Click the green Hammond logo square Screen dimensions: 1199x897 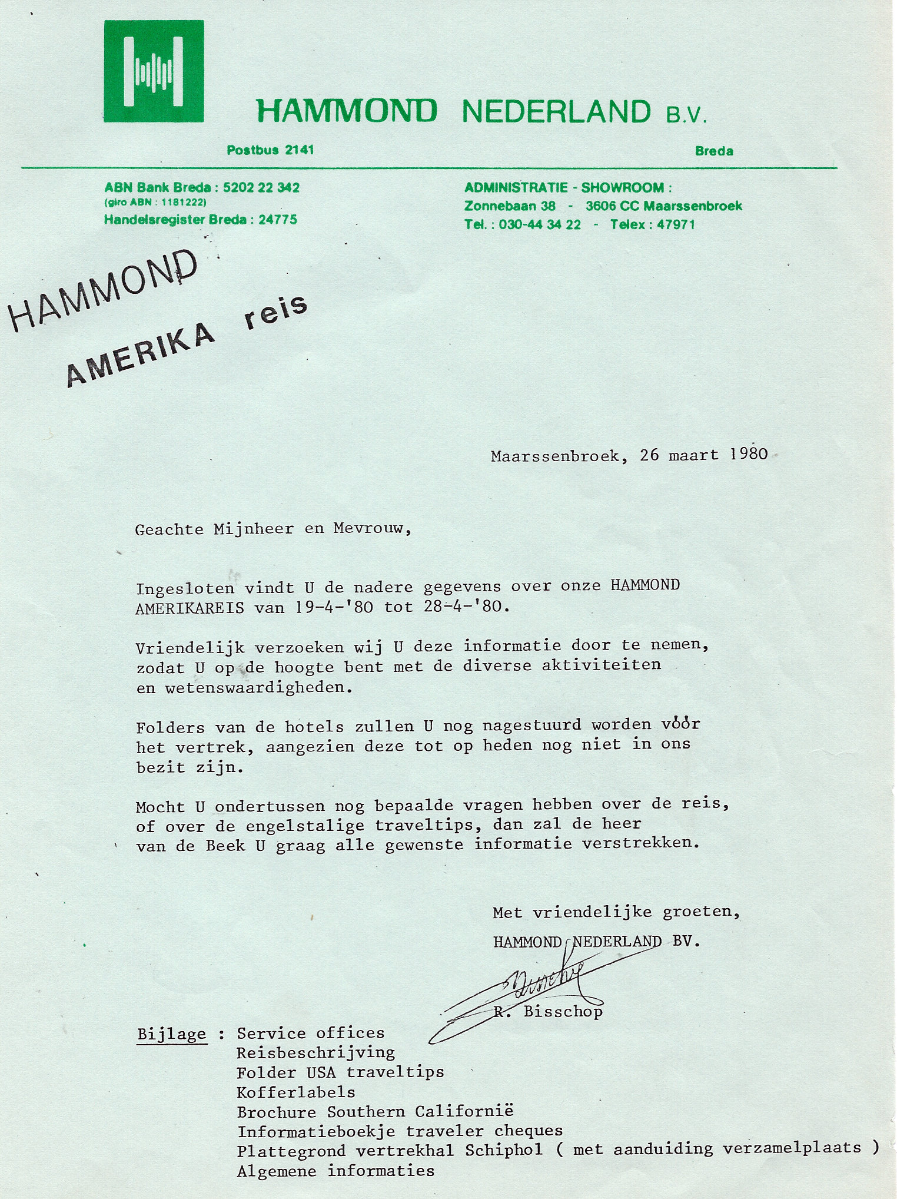coord(154,71)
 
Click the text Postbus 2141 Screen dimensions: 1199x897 coord(270,150)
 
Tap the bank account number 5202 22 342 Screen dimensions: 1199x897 coord(260,188)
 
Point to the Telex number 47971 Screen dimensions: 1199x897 coord(675,224)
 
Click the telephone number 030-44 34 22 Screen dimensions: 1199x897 coord(540,224)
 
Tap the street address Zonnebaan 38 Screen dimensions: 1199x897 coord(510,206)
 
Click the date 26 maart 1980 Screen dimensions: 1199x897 coord(703,455)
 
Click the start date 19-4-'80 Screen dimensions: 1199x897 coord(333,607)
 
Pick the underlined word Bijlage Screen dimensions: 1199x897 coord(171,1034)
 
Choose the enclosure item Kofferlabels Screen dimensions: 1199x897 coord(296,1092)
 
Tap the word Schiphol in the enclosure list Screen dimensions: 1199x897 coord(504,1150)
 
